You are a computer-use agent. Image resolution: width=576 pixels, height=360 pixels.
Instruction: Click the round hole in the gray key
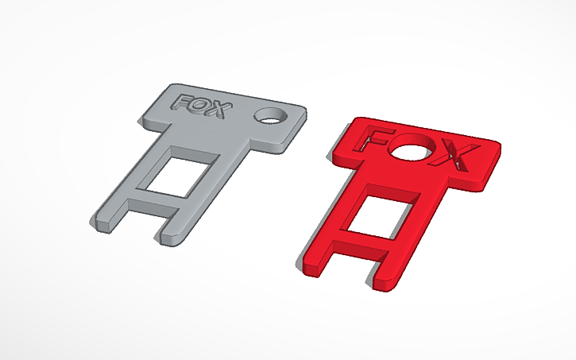point(269,116)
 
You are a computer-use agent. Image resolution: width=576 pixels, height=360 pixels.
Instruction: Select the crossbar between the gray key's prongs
point(155,196)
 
